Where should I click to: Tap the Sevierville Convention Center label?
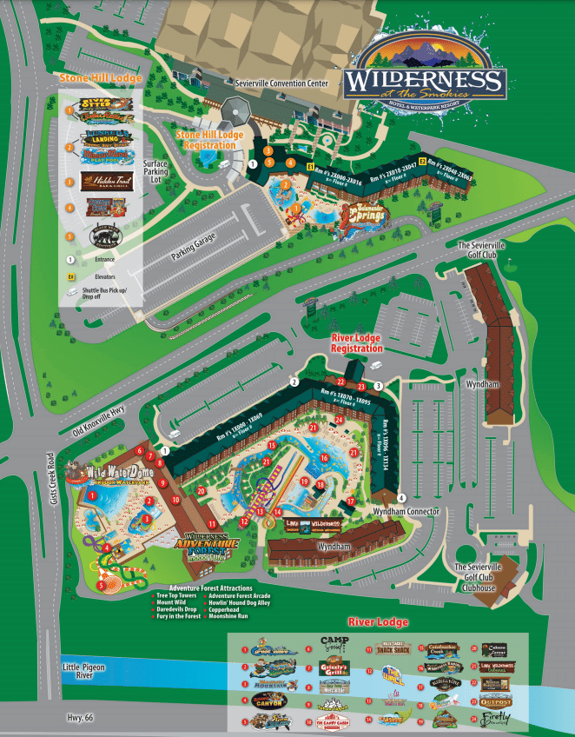click(x=281, y=83)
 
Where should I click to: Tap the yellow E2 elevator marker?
click(x=423, y=162)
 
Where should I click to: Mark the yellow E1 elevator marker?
click(x=309, y=163)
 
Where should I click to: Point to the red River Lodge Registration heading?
click(x=357, y=342)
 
